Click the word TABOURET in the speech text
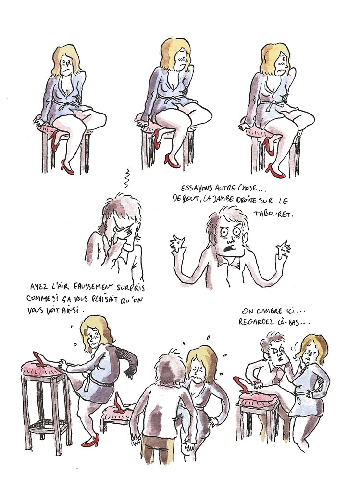click(273, 214)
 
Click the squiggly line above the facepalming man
click(126, 178)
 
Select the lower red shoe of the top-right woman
click(275, 171)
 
